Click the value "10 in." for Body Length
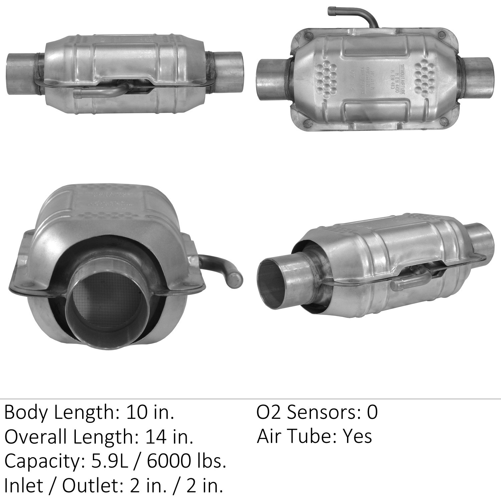[150, 412]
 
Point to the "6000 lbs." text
[187, 462]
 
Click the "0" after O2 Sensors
[372, 412]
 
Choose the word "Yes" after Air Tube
[358, 437]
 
